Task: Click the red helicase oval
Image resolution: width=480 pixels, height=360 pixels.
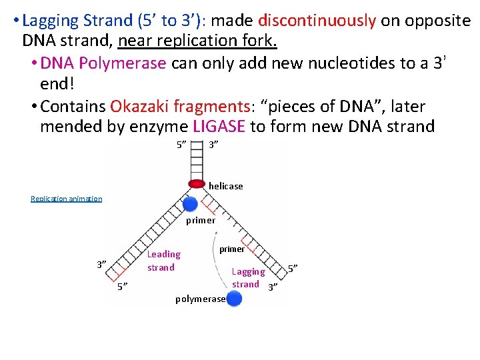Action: tap(196, 183)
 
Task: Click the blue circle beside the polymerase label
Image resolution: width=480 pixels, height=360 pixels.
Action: tap(234, 298)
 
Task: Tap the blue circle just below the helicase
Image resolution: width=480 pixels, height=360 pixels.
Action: tap(191, 204)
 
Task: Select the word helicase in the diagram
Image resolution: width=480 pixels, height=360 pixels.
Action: tap(225, 186)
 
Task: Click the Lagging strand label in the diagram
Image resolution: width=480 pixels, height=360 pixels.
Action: tap(247, 278)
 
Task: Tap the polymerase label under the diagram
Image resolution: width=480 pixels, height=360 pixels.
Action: tap(200, 299)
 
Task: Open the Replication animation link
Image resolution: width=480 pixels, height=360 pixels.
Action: tap(67, 199)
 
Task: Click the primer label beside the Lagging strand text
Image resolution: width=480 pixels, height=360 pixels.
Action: tap(232, 249)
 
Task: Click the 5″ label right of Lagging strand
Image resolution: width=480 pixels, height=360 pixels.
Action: tap(292, 268)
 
